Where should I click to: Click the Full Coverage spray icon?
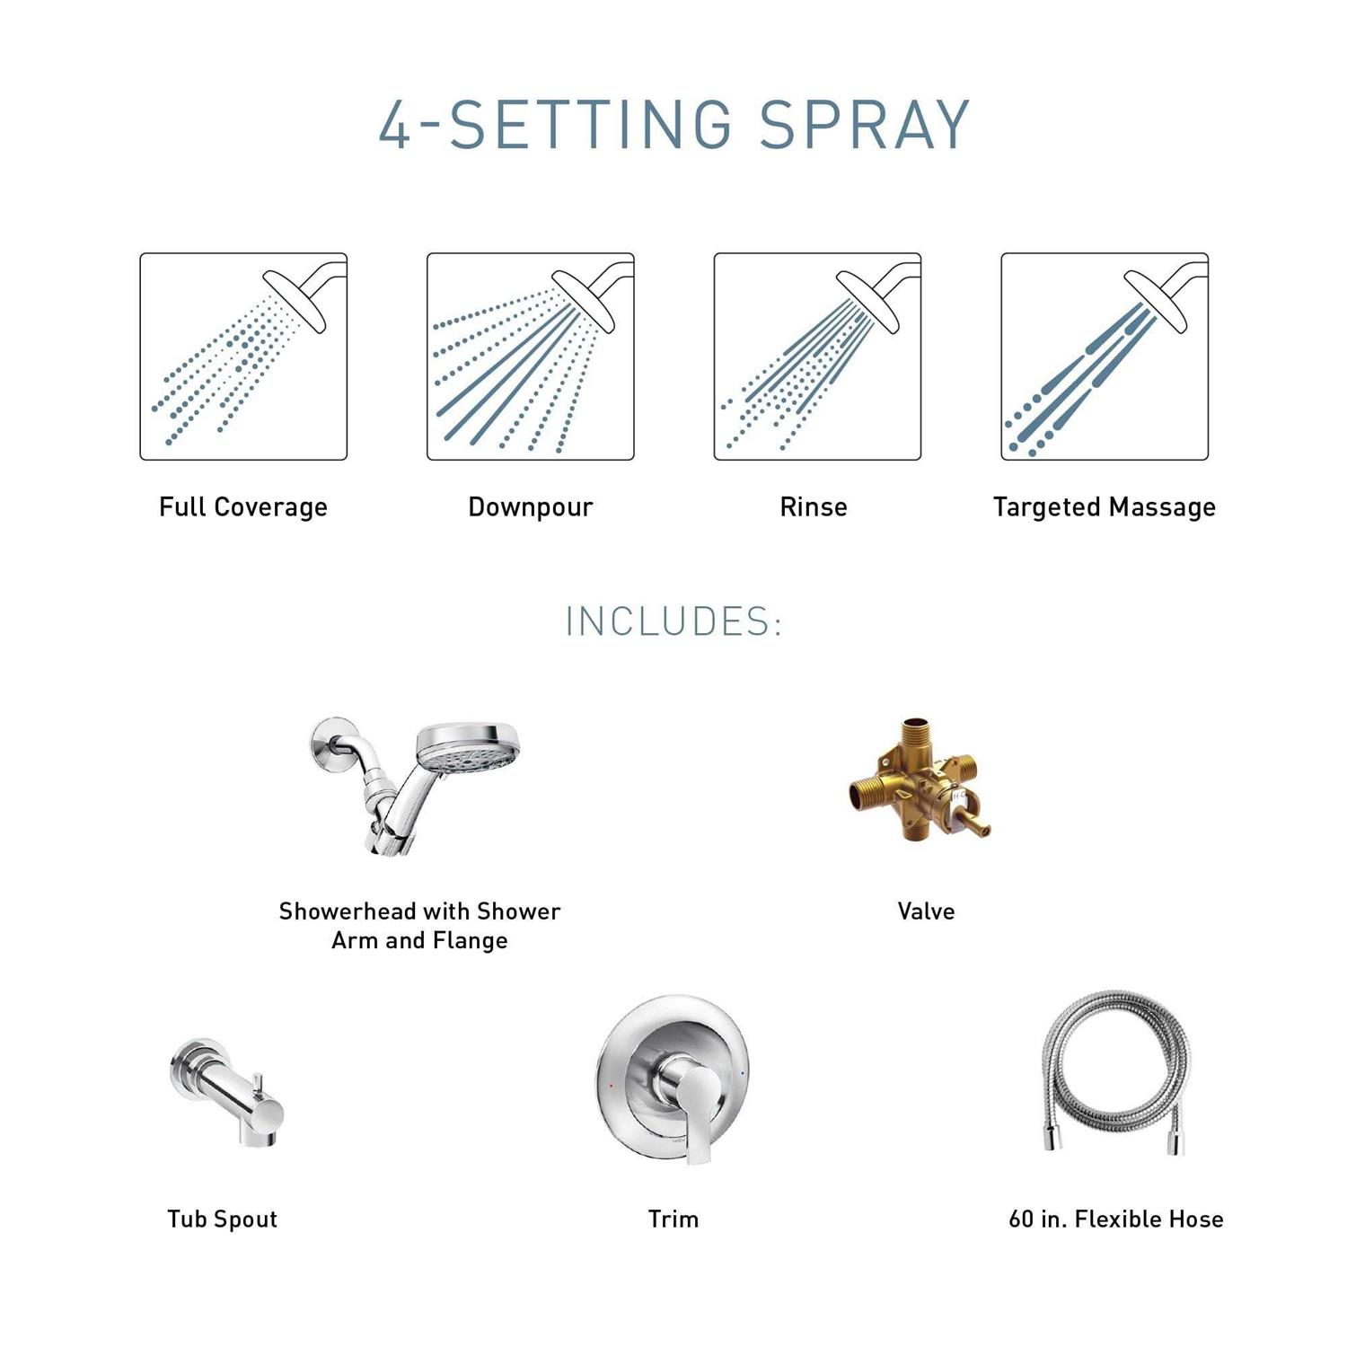point(243,357)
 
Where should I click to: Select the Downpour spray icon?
point(531,357)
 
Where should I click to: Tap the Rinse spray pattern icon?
point(817,357)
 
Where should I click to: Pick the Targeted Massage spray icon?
point(1105,357)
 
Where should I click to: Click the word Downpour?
point(531,507)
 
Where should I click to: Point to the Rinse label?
point(814,507)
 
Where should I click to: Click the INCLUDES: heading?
point(674,621)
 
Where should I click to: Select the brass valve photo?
point(918,779)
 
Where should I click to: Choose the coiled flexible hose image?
point(1116,1074)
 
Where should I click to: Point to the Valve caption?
point(926,911)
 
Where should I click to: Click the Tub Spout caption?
point(222,1219)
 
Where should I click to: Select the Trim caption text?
point(673,1219)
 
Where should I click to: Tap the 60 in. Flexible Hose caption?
point(1116,1219)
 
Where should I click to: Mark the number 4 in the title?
point(395,124)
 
